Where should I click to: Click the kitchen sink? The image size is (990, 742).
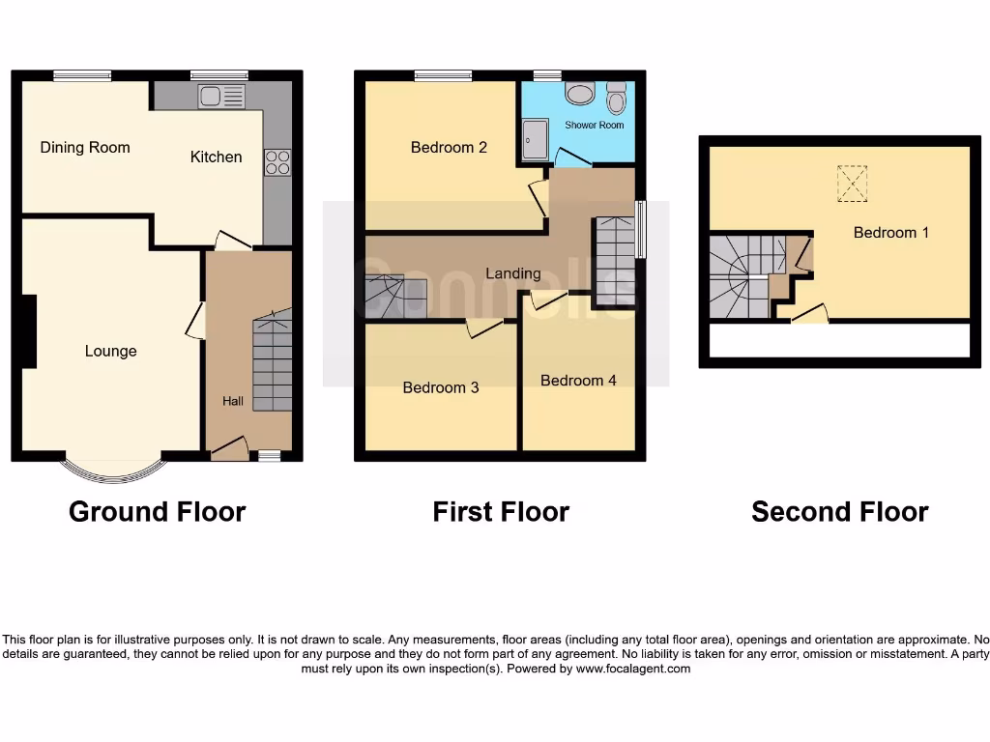tap(221, 96)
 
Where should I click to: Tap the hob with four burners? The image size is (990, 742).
tap(277, 162)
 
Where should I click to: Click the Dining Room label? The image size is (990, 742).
tap(85, 148)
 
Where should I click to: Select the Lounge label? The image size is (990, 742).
tap(110, 352)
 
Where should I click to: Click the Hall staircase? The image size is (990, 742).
tap(272, 352)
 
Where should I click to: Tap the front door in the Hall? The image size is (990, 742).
tap(229, 446)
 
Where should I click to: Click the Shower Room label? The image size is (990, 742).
tap(594, 125)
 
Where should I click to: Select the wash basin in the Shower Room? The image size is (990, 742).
tap(580, 95)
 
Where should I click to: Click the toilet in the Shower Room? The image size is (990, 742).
tap(616, 100)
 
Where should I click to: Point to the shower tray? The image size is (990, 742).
tap(535, 140)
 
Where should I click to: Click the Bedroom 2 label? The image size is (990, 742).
tap(449, 148)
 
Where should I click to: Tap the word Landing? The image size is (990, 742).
tap(512, 273)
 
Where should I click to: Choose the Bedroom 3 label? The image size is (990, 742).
tap(441, 387)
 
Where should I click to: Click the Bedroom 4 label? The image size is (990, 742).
tap(578, 381)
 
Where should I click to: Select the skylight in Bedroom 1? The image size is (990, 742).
tap(852, 184)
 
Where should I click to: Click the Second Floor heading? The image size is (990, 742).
tap(839, 511)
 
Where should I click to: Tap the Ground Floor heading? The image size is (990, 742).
tap(157, 511)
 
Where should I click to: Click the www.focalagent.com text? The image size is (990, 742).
tap(632, 668)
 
